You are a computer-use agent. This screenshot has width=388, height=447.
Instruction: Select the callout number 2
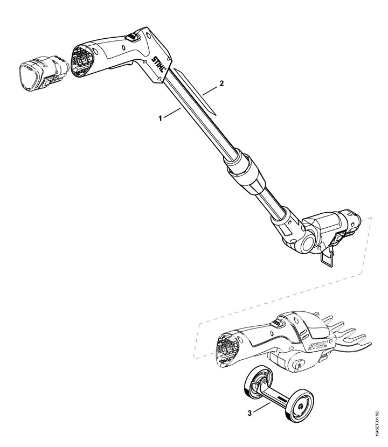[220, 84]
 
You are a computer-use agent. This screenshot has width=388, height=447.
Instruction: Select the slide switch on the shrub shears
[276, 323]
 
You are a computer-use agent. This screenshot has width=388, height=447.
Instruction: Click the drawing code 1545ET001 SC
[379, 415]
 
